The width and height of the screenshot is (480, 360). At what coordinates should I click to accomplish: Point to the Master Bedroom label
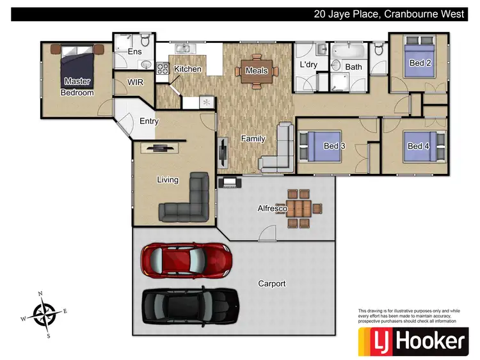[x=77, y=87]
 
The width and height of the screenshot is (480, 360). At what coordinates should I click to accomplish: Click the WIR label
[x=135, y=82]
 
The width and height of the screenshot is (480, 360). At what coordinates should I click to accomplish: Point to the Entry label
[x=148, y=121]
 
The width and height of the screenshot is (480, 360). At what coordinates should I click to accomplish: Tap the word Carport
[x=271, y=283]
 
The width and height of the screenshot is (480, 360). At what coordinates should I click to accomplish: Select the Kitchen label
[x=188, y=69]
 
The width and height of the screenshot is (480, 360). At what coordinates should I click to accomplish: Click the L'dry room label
[x=310, y=66]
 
